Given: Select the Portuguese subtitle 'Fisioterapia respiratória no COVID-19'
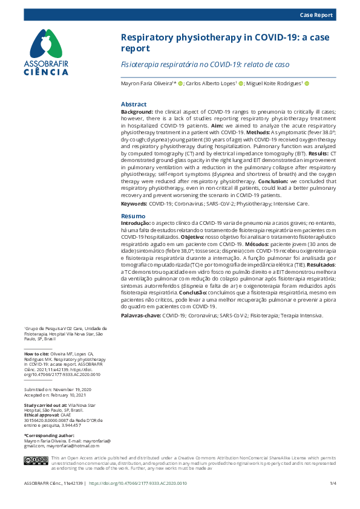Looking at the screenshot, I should pyautogui.click(x=205, y=64).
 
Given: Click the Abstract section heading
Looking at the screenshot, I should pyautogui.click(x=134, y=105).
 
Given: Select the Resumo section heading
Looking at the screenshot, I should pyautogui.click(x=133, y=216).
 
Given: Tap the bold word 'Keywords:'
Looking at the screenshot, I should pyautogui.click(x=134, y=205).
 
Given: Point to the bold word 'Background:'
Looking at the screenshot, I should pyautogui.click(x=137, y=112).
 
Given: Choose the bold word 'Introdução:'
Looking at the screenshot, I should pyautogui.click(x=137, y=224).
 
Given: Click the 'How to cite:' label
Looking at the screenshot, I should pyautogui.click(x=36, y=353).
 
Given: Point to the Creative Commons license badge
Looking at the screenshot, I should pyautogui.click(x=35, y=461).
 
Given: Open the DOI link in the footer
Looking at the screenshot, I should pyautogui.click(x=138, y=484).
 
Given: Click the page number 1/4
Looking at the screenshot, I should pyautogui.click(x=333, y=484).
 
